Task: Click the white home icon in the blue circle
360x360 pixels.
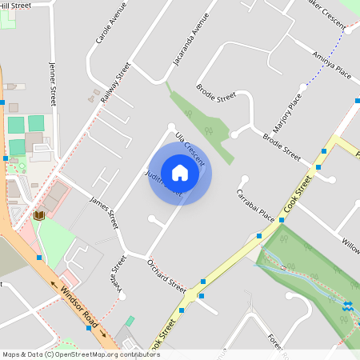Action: pos(180,171)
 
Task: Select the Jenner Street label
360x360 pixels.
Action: pos(54,84)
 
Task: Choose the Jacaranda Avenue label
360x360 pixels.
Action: pos(190,38)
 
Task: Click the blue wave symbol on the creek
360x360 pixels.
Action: pos(348,306)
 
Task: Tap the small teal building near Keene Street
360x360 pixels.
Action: pos(130,320)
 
